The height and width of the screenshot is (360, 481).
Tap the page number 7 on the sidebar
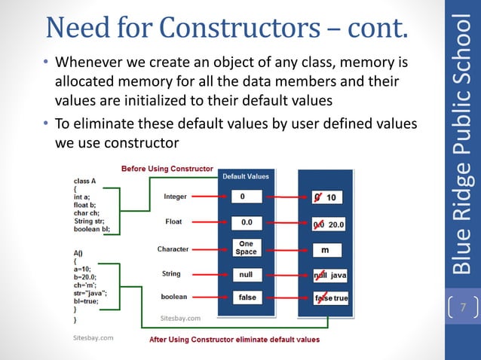463,307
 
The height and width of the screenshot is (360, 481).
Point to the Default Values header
245,176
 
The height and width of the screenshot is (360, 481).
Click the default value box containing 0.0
246,223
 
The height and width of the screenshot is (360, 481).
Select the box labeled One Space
246,249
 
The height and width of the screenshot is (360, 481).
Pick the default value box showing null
246,275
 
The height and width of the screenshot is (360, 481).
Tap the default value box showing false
246,297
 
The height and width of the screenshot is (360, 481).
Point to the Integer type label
175,197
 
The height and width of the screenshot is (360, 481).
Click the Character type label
173,249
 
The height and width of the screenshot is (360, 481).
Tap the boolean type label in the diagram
174,297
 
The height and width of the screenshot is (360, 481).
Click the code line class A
84,181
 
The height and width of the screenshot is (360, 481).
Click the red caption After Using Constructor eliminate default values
234,340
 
